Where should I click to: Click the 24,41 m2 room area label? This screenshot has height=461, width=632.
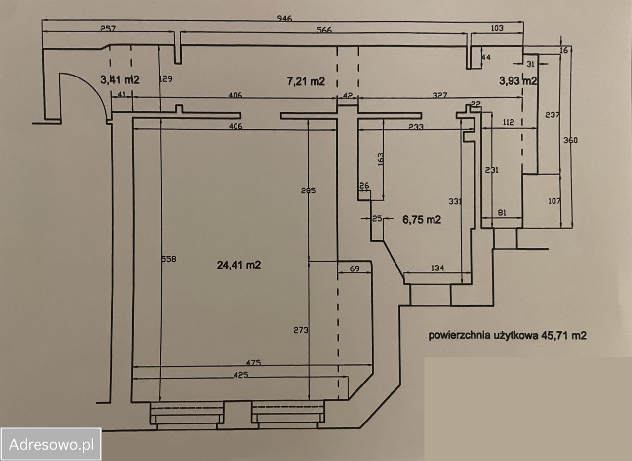[239, 265]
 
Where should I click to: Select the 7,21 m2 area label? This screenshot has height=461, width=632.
[306, 81]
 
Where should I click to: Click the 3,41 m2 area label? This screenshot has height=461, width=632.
[120, 79]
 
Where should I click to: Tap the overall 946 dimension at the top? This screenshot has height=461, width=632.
[284, 19]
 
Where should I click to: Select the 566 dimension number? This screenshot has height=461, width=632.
[324, 30]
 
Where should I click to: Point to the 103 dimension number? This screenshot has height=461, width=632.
[497, 28]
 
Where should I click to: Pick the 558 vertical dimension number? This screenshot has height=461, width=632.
[169, 258]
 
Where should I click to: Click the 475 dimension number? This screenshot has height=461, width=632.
[253, 363]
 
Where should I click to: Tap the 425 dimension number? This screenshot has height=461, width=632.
[239, 375]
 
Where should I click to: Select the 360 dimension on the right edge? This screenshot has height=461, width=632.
[570, 140]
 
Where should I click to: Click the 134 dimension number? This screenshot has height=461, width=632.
[437, 268]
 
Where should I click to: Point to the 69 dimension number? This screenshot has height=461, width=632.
[354, 269]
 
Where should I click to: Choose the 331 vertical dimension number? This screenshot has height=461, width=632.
[455, 201]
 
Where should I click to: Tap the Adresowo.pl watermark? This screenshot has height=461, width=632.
[51, 444]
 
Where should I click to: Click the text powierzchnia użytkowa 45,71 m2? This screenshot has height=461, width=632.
[507, 336]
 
